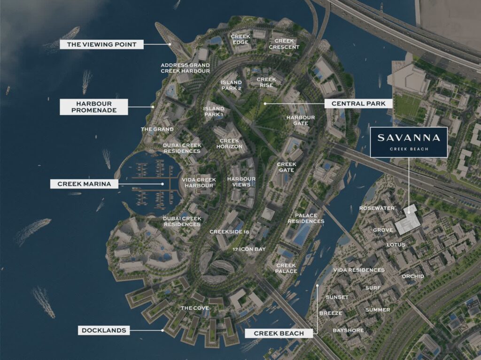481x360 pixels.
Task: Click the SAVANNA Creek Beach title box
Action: click(408, 142)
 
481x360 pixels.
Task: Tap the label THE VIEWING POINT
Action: click(101, 45)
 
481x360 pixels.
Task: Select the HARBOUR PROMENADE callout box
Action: click(94, 107)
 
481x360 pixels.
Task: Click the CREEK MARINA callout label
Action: click(84, 184)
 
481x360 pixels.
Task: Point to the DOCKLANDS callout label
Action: click(104, 330)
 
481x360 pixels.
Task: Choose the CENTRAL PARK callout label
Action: click(358, 103)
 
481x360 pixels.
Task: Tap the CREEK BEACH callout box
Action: click(279, 333)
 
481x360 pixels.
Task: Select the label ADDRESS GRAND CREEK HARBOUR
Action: click(185, 68)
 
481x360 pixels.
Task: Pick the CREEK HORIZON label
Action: click(230, 144)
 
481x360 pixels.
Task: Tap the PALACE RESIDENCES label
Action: click(306, 218)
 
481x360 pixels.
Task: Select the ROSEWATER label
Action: click(377, 208)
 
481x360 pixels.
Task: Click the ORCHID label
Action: click(412, 276)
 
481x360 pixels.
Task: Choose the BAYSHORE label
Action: click(348, 330)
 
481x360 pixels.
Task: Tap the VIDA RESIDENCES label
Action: click(358, 270)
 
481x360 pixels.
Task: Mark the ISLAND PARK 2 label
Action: click(231, 85)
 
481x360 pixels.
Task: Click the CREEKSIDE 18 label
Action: click(229, 232)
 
